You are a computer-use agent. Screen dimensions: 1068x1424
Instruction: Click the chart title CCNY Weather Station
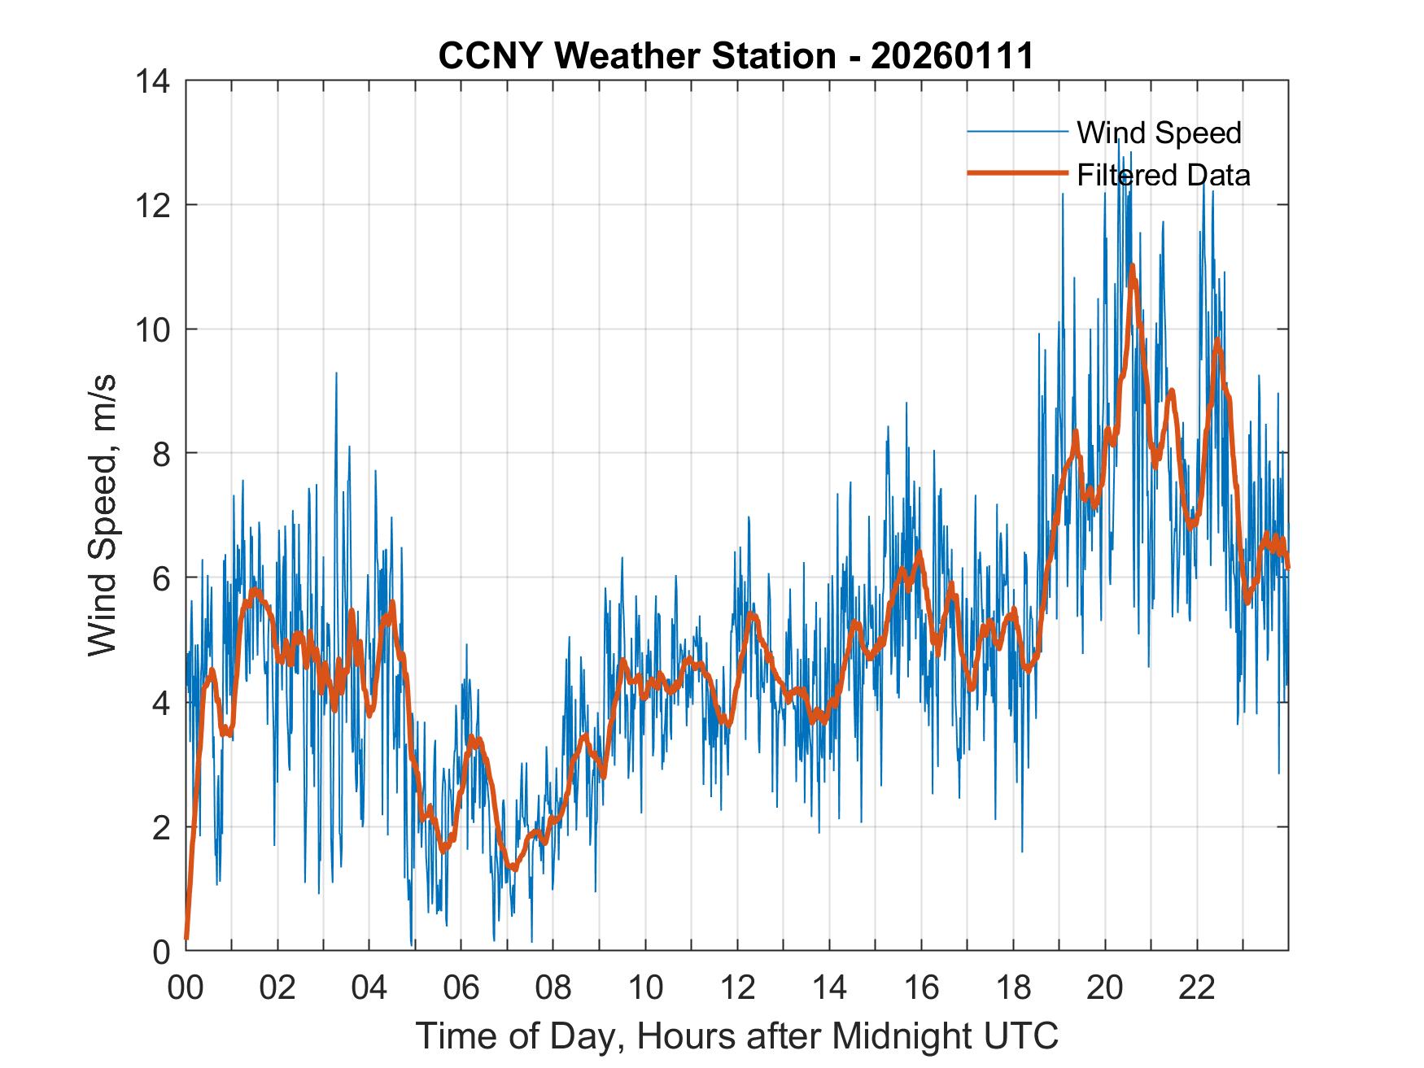(x=636, y=56)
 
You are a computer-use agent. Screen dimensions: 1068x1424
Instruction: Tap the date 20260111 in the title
(x=952, y=56)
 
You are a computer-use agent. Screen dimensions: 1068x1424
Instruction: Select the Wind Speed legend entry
(x=1159, y=133)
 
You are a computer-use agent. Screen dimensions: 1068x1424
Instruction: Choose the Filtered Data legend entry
(x=1163, y=175)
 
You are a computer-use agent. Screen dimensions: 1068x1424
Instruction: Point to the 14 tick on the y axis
(x=154, y=81)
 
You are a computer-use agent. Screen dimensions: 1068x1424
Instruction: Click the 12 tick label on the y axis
(x=154, y=205)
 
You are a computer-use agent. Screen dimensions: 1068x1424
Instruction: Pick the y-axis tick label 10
(x=154, y=329)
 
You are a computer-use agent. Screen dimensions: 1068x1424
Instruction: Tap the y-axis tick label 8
(x=162, y=453)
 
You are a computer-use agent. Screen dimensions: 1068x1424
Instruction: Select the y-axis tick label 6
(x=162, y=578)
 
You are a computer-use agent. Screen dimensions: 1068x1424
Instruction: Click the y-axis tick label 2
(x=162, y=826)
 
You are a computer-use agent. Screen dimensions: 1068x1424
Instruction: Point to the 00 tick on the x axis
(x=186, y=987)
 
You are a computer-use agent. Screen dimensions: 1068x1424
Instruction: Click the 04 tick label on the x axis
(x=369, y=987)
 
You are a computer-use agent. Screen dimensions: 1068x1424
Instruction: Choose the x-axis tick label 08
(x=553, y=987)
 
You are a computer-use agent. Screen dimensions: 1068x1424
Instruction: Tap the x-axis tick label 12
(x=737, y=987)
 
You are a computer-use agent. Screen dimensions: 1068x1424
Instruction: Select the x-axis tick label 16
(x=921, y=987)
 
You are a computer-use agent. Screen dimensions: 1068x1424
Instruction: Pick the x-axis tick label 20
(x=1105, y=987)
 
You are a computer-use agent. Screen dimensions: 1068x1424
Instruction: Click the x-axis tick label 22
(x=1197, y=987)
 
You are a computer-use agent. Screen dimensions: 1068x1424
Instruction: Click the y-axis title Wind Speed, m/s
(x=103, y=516)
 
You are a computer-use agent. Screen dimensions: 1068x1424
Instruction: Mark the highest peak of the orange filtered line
(x=1132, y=266)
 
